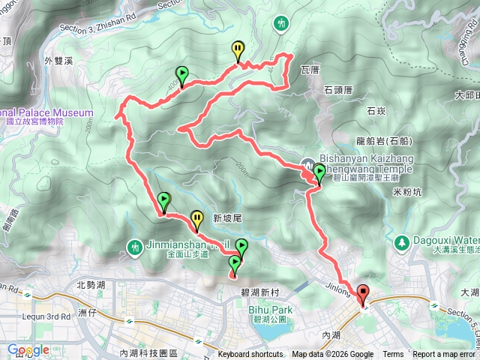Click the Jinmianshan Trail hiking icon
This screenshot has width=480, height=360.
click(136, 245)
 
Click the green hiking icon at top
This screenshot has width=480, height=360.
click(282, 24)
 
